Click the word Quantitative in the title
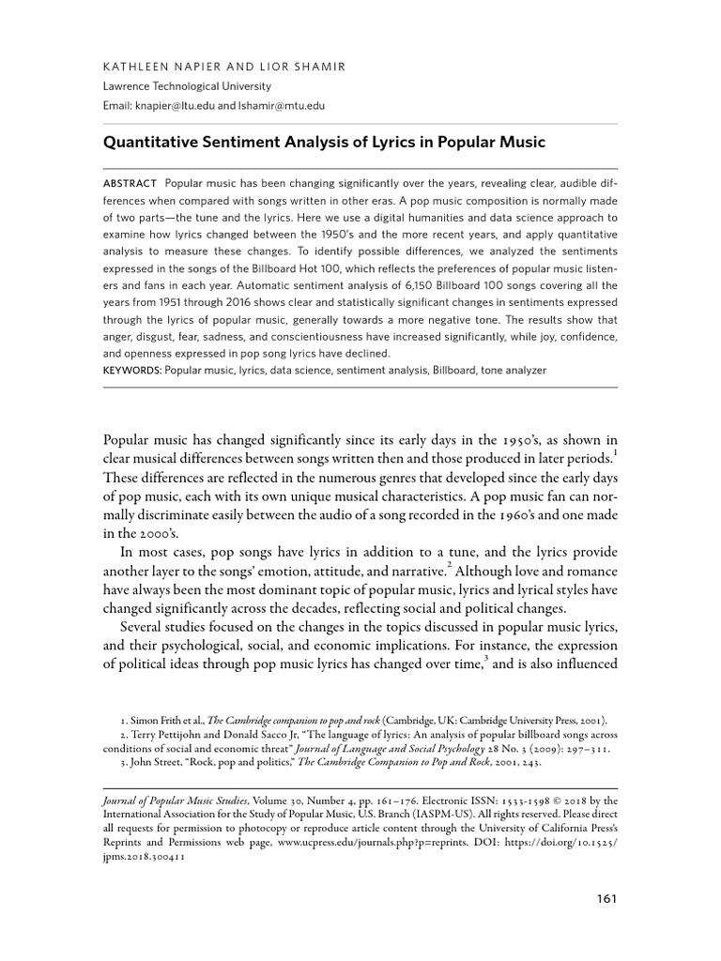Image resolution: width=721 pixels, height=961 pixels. tap(153, 143)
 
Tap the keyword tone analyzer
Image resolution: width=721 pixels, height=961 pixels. tap(512, 371)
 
